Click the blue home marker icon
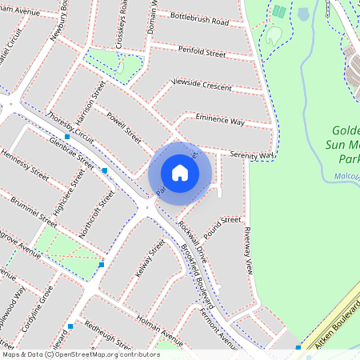click(x=180, y=173)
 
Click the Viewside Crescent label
click(x=202, y=86)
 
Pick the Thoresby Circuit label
click(x=70, y=128)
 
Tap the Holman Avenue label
click(x=160, y=322)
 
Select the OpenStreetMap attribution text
click(x=81, y=354)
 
